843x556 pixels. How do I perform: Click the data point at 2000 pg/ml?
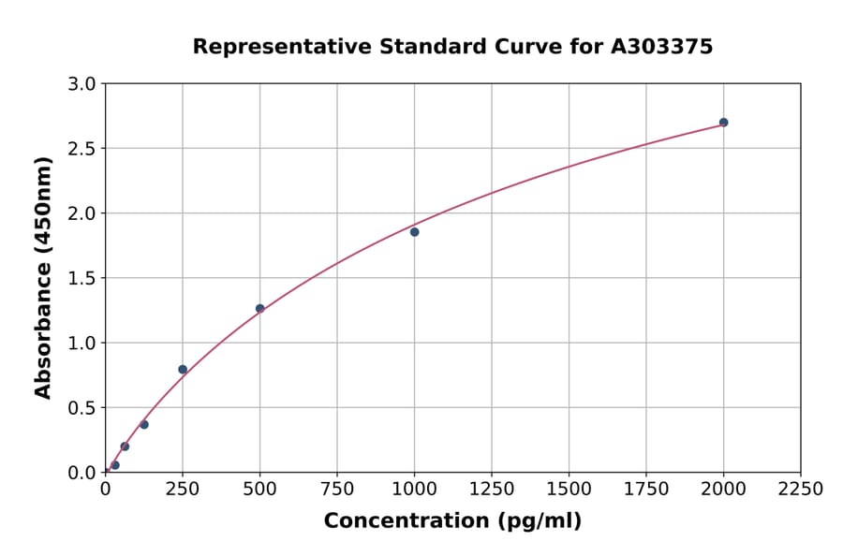[723, 123]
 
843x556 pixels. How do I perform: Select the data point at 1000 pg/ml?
[414, 232]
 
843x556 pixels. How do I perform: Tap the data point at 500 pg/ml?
[259, 308]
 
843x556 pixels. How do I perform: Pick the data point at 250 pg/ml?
[183, 370]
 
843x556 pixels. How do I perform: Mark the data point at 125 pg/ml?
[144, 425]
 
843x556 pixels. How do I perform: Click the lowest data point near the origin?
[115, 465]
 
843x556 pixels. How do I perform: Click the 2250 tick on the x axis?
[800, 490]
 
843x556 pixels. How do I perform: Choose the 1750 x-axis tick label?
[645, 490]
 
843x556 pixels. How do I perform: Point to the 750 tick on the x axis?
[337, 490]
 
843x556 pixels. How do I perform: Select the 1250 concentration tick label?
[492, 490]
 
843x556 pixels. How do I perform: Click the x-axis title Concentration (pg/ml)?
[452, 521]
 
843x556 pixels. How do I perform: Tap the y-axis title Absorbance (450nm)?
[43, 278]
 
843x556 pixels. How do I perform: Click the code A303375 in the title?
[661, 47]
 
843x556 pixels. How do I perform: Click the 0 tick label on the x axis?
[105, 490]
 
